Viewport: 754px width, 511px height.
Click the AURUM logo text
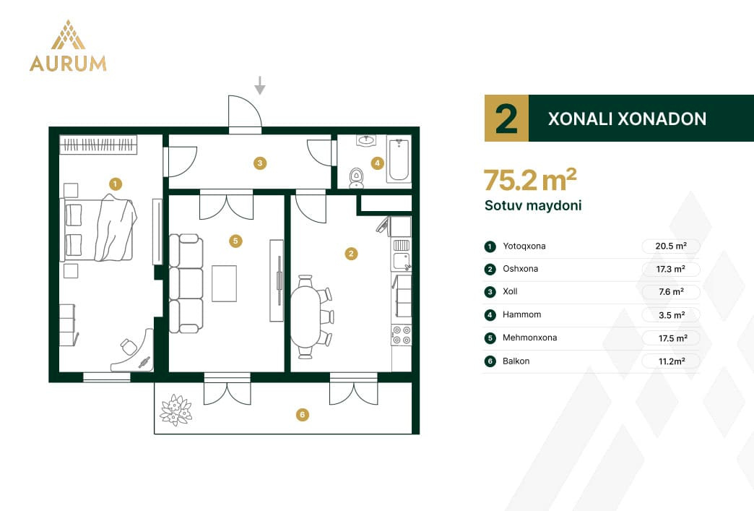pos(68,64)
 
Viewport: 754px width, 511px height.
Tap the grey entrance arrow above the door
pos(260,85)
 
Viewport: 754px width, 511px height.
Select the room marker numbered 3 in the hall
pos(260,163)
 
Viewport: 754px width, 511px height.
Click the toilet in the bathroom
pos(356,178)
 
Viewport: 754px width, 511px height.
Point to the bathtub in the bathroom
pos(399,160)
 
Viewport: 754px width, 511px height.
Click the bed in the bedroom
pos(98,230)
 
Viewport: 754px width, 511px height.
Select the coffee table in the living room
pos(224,283)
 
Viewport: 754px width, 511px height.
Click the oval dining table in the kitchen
pos(305,316)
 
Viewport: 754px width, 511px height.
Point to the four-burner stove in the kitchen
pos(402,335)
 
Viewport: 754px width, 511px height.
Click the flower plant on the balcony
pos(175,410)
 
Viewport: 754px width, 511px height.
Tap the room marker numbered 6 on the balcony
pos(302,415)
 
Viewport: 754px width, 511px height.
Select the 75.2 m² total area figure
pos(530,180)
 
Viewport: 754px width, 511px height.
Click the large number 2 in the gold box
pos(506,119)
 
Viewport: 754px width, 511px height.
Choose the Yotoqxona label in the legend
pos(524,246)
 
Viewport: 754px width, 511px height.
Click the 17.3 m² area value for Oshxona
pos(671,269)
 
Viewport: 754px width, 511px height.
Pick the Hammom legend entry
pos(521,314)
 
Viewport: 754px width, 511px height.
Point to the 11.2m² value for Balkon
pos(672,361)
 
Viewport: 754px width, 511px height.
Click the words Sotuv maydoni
pos(533,205)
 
